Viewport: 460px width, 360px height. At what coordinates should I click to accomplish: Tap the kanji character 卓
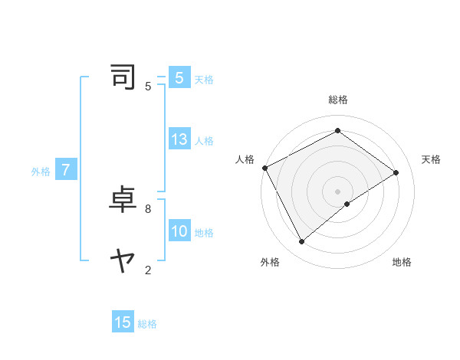pos(123,200)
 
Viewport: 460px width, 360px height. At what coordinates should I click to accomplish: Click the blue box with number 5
pos(179,78)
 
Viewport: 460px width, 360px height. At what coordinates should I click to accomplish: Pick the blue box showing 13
pos(179,139)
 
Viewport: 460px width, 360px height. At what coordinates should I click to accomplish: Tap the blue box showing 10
pos(179,231)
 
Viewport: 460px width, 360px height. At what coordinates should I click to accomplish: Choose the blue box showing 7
pos(66,170)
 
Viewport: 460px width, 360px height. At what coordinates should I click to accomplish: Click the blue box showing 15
pos(123,322)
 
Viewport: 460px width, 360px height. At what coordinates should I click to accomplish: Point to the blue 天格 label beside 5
pos(204,80)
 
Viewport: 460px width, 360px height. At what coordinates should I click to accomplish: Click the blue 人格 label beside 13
pos(204,141)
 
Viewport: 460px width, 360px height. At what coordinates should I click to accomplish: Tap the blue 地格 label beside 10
pos(204,233)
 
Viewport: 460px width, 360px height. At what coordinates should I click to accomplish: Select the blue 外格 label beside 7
pos(41,172)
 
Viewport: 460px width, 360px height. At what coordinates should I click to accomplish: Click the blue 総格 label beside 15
pos(147,324)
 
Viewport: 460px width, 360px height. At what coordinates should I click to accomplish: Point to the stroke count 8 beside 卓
pos(147,208)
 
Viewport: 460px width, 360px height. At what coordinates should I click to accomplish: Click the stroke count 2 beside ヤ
pos(147,269)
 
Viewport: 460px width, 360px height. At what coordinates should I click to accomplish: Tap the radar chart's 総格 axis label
pos(337,100)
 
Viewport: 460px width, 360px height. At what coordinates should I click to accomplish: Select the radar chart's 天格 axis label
pos(431,159)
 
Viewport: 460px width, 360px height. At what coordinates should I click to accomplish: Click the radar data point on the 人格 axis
pos(264,168)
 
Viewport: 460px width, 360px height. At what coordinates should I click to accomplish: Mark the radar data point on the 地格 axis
pos(347,204)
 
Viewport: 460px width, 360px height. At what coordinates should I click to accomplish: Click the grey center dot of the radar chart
pos(337,191)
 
